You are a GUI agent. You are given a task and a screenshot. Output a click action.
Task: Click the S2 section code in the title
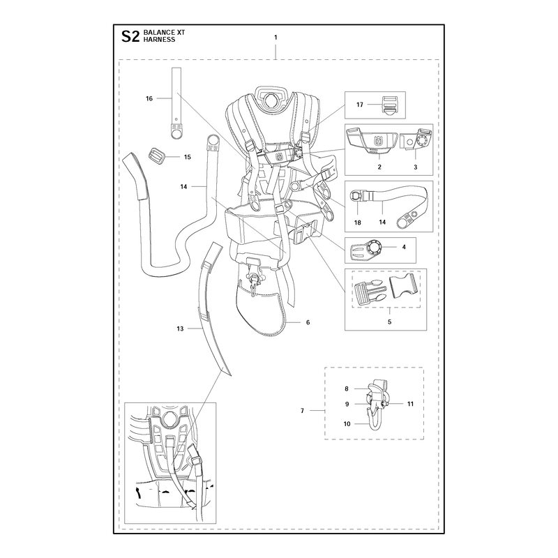(130, 36)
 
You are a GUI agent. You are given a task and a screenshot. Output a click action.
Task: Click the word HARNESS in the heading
(160, 40)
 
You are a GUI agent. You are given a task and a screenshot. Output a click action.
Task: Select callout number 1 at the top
(276, 37)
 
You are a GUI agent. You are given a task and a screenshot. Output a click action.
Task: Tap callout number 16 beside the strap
(149, 98)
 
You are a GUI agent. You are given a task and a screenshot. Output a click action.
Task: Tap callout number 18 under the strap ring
(358, 223)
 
